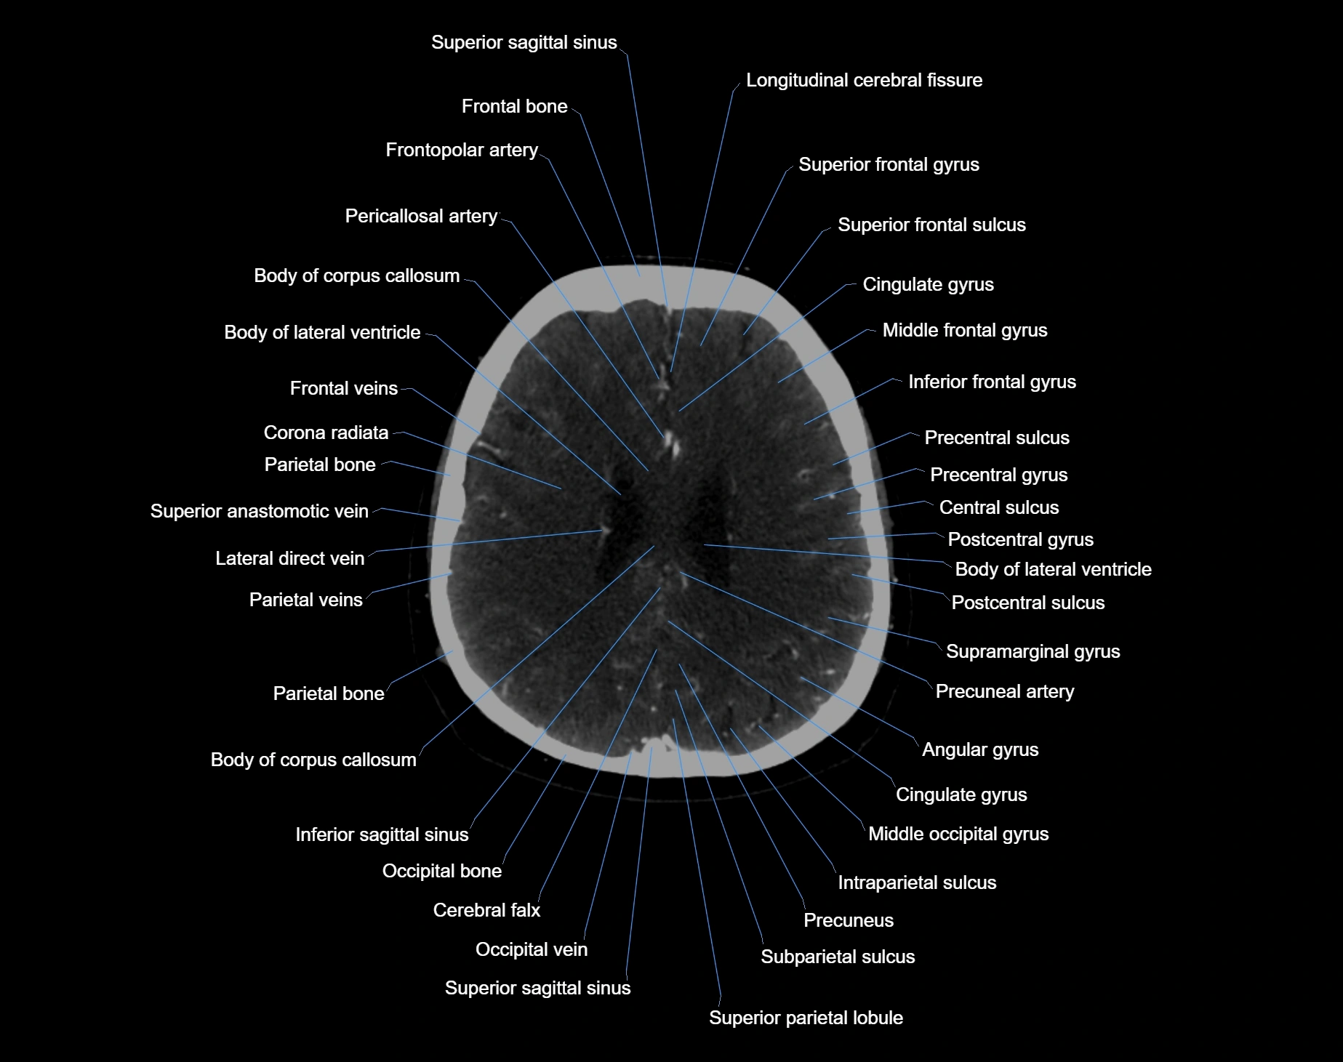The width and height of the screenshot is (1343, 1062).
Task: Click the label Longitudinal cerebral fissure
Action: pyautogui.click(x=864, y=80)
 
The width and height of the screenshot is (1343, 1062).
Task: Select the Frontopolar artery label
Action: pyautogui.click(x=462, y=150)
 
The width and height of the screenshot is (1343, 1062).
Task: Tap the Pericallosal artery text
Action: pyautogui.click(x=421, y=216)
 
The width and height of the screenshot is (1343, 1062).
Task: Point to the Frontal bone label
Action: pyautogui.click(x=514, y=106)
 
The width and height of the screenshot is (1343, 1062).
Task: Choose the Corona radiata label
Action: pyautogui.click(x=326, y=433)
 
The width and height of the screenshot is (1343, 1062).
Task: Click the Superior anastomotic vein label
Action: pyautogui.click(x=259, y=511)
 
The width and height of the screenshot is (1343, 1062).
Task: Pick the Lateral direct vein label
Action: pyautogui.click(x=289, y=558)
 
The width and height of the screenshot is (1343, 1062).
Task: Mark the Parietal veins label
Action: pyautogui.click(x=305, y=600)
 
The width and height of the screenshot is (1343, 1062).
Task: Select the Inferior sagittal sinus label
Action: pyautogui.click(x=382, y=834)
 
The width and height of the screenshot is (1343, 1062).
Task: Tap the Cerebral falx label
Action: pyautogui.click(x=486, y=910)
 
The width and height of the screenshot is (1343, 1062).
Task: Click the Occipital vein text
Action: pyautogui.click(x=532, y=949)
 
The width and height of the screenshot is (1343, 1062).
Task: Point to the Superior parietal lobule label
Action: pyautogui.click(x=806, y=1018)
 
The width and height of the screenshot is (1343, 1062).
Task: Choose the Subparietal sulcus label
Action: pyautogui.click(x=838, y=957)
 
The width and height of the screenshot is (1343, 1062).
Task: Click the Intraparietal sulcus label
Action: pyautogui.click(x=917, y=882)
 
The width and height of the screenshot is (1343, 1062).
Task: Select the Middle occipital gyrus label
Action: pyautogui.click(x=958, y=834)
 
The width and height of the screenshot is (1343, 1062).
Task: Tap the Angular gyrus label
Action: pyautogui.click(x=980, y=749)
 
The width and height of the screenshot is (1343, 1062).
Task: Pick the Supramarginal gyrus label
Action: pyautogui.click(x=1033, y=651)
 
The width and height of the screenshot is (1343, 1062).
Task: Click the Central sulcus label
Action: pyautogui.click(x=999, y=507)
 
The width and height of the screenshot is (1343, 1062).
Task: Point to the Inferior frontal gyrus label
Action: pyautogui.click(x=992, y=382)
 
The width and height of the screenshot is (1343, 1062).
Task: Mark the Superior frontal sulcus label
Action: pyautogui.click(x=931, y=225)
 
